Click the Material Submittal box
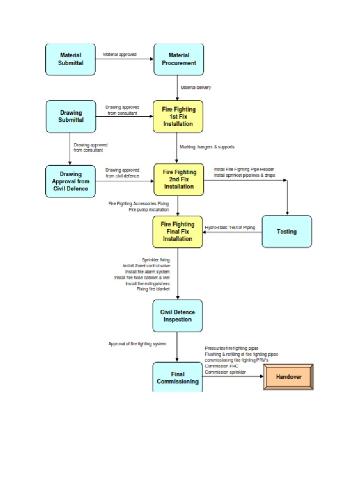(71, 59)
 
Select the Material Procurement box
(179, 59)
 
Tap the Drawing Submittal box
(71, 116)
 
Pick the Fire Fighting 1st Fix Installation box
(178, 116)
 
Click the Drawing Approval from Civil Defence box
(71, 181)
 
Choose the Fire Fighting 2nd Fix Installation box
(179, 179)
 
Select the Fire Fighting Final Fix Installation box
(178, 232)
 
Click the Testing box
(286, 232)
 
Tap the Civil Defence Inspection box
(177, 316)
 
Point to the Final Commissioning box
(177, 377)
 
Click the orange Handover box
(288, 377)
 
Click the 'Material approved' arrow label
(120, 54)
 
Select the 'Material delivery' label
(196, 88)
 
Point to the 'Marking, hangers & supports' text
(207, 147)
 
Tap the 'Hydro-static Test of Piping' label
(230, 227)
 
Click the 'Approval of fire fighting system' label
(137, 344)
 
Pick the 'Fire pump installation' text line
(149, 210)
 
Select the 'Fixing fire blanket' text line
(153, 289)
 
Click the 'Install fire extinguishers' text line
(148, 283)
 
